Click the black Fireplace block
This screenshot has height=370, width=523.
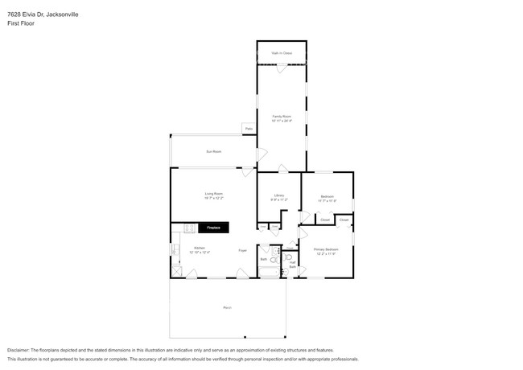pyautogui.click(x=213, y=228)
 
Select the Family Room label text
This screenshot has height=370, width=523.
pyautogui.click(x=281, y=118)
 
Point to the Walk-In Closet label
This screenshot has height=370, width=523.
pyautogui.click(x=282, y=53)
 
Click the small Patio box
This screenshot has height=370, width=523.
pyautogui.click(x=249, y=129)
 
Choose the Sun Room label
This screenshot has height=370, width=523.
pyautogui.click(x=213, y=151)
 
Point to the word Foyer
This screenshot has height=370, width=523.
pyautogui.click(x=242, y=251)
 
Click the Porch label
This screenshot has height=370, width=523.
pyautogui.click(x=227, y=308)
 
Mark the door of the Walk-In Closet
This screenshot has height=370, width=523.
pyautogui.click(x=281, y=67)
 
